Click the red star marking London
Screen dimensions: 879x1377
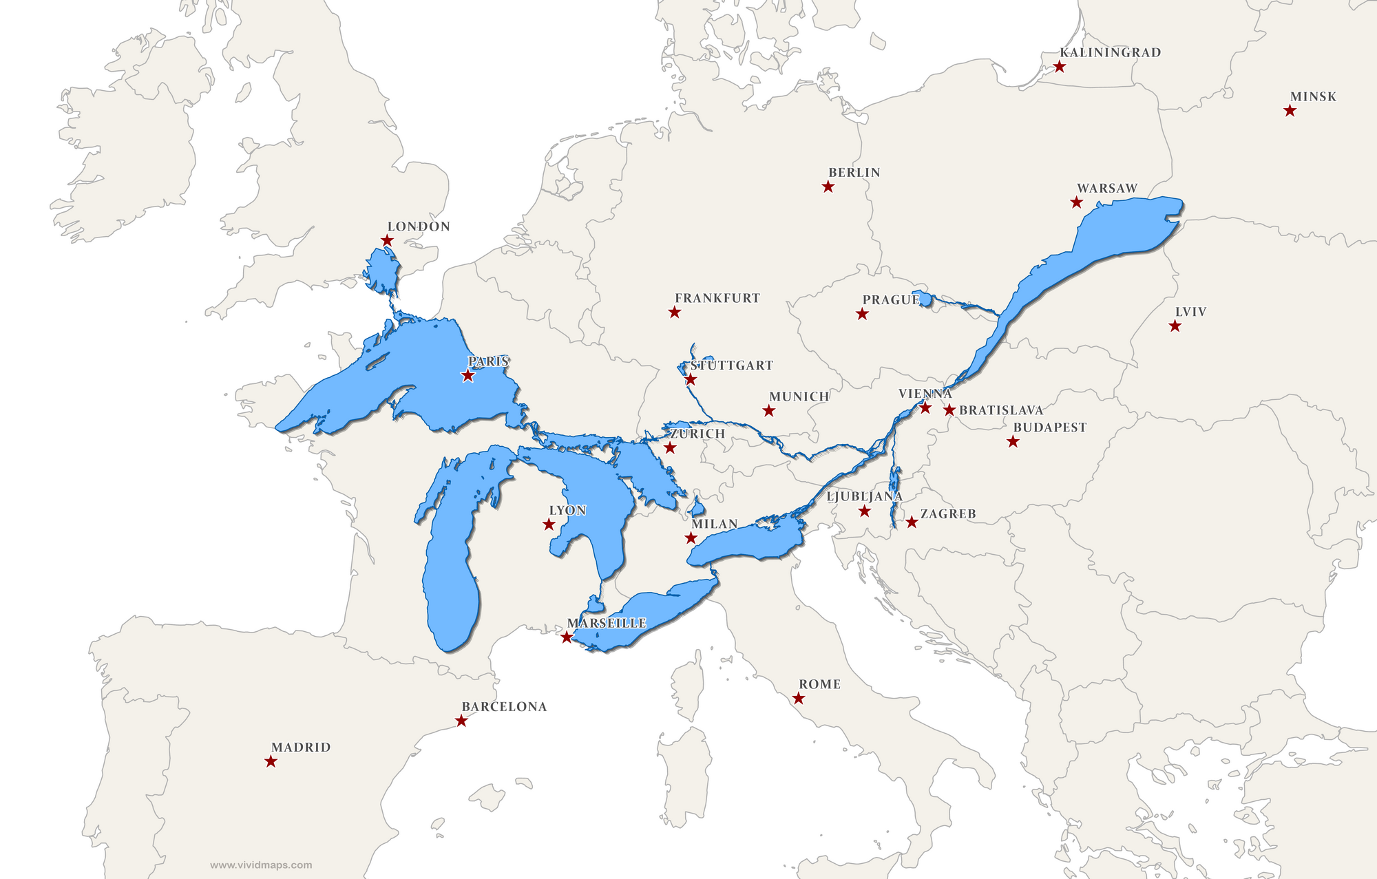tap(387, 240)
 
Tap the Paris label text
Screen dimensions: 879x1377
tap(488, 361)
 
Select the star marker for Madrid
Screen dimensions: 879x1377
tap(271, 761)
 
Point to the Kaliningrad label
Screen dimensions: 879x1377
tap(1110, 52)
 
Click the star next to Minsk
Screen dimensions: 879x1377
tap(1290, 111)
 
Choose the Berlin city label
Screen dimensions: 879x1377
tap(854, 173)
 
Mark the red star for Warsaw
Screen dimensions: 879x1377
tap(1076, 202)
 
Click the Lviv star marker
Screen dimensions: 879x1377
tap(1175, 326)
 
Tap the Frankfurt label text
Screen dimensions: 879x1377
tap(717, 298)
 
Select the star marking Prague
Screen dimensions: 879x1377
tap(862, 315)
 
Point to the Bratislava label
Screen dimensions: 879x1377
tap(1000, 410)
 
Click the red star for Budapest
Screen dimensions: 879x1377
tap(1013, 442)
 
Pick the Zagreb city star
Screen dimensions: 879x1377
tap(912, 522)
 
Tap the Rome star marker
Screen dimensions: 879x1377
tap(799, 699)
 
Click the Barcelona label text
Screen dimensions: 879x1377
tap(504, 707)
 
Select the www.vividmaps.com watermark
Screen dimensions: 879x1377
tap(261, 865)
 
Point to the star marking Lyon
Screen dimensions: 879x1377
tap(549, 525)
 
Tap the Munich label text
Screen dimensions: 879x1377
tap(799, 396)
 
